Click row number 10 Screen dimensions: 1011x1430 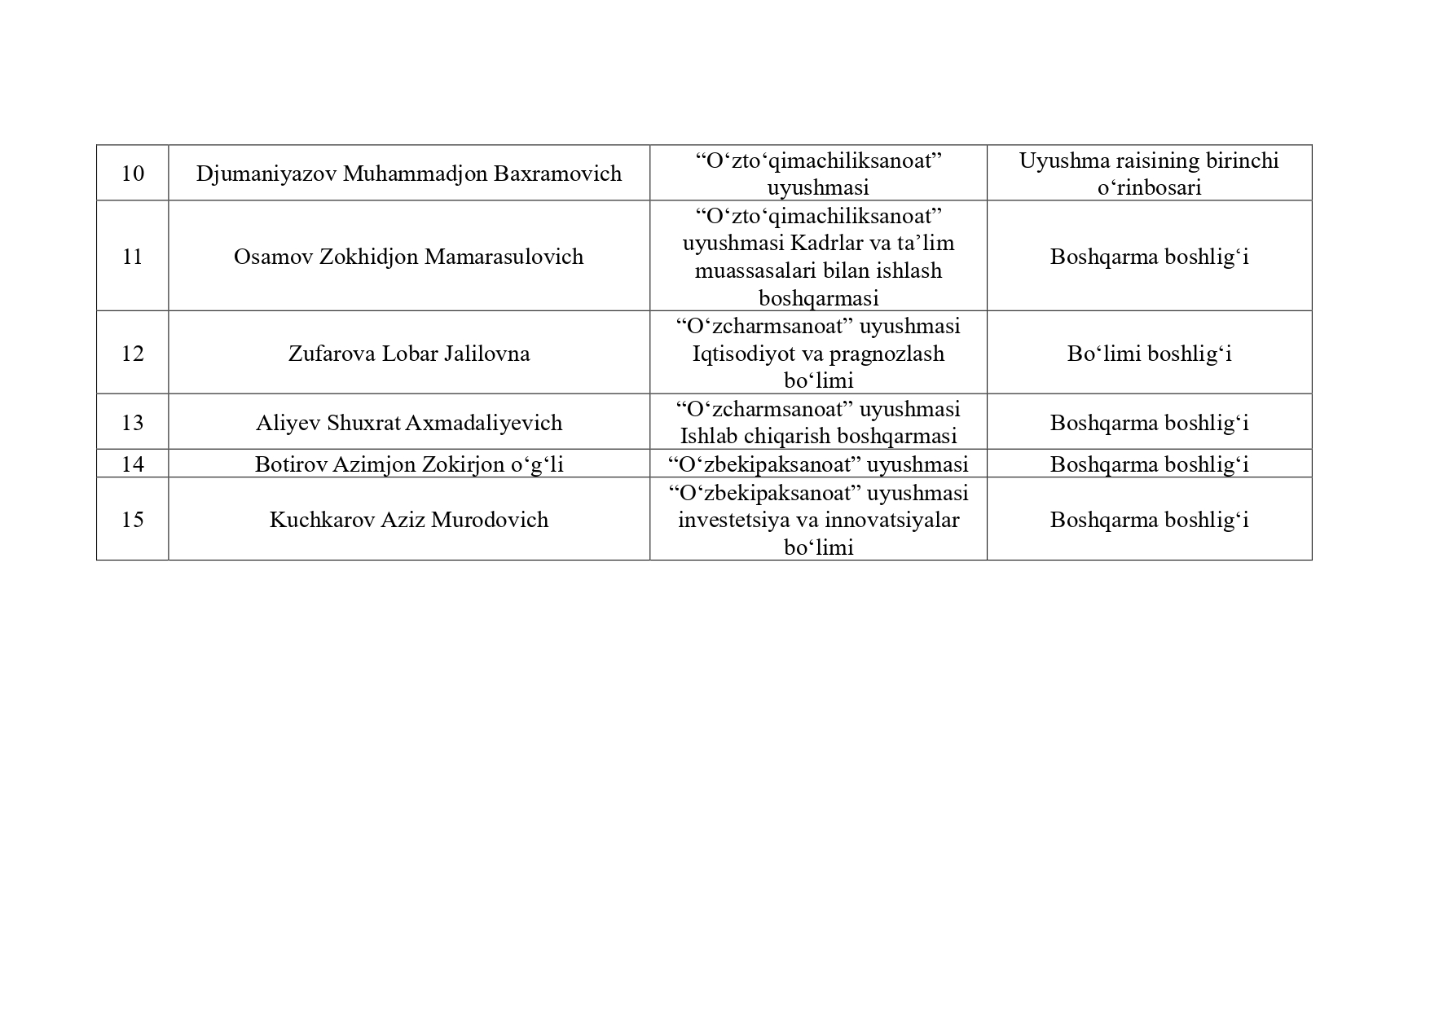132,174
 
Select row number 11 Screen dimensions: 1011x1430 132,257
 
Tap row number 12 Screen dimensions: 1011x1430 132,354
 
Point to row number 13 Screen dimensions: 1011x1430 132,423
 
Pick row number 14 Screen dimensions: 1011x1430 132,464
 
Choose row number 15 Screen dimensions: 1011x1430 132,520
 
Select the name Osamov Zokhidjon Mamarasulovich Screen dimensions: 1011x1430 408,257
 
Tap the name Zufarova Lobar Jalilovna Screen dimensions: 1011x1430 408,354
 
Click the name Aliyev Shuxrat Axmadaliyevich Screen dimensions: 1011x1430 408,423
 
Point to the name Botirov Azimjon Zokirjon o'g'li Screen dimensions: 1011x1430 408,464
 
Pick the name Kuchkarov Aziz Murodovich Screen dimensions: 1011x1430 408,520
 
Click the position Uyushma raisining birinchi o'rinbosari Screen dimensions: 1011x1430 1149,174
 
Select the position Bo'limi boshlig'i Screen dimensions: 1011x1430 1149,354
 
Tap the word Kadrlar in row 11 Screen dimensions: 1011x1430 818,244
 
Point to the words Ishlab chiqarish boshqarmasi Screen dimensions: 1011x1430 818,437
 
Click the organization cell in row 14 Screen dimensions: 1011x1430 818,464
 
